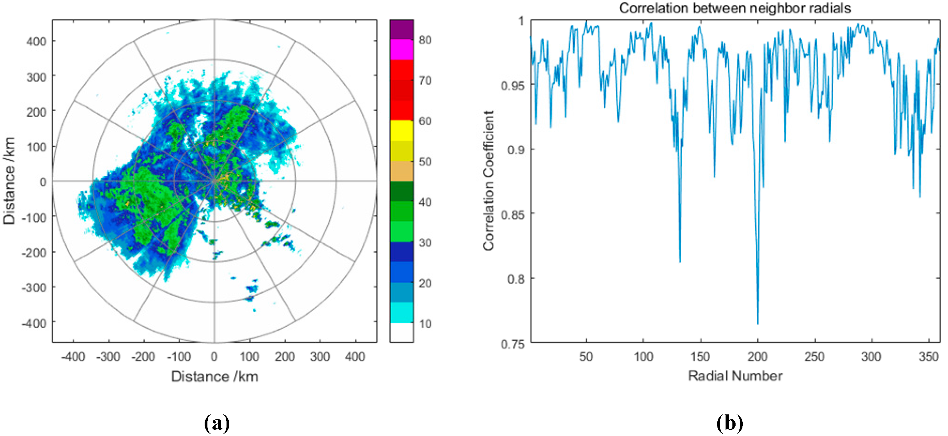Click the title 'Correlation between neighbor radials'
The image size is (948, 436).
pos(735,8)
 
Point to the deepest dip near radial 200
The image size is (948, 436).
pos(757,324)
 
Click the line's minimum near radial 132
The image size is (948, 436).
pos(680,262)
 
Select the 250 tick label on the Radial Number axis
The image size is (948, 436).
pos(814,356)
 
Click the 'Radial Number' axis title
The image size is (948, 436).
pos(735,376)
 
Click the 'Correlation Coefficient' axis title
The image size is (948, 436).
pos(488,181)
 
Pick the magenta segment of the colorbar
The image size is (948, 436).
pos(401,49)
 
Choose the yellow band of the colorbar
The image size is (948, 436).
pos(401,131)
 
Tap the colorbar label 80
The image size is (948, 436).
pos(425,40)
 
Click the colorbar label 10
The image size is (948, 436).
pos(425,324)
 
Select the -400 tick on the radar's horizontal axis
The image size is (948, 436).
pos(73,356)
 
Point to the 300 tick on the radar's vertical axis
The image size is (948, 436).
pos(36,77)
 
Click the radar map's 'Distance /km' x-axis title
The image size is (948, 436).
pos(215,376)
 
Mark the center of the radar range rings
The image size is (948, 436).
pos(215,181)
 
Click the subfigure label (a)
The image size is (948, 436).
pos(217,423)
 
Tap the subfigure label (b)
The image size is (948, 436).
pos(729,423)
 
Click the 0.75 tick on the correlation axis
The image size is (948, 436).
pos(512,344)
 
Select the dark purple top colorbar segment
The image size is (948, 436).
pos(401,29)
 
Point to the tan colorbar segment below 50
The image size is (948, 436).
pos(401,171)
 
